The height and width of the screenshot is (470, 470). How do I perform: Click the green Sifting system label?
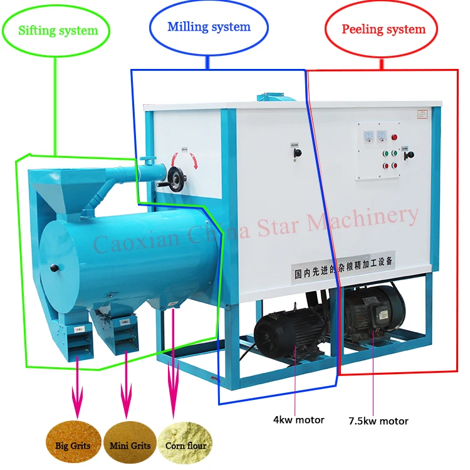[58, 29]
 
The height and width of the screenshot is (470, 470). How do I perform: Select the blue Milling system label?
[209, 27]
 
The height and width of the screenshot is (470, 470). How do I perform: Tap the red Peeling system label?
[383, 29]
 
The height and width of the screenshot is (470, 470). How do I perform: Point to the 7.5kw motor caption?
[379, 420]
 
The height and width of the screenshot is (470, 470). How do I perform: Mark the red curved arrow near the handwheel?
[196, 160]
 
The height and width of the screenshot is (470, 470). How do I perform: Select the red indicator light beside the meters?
[394, 137]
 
